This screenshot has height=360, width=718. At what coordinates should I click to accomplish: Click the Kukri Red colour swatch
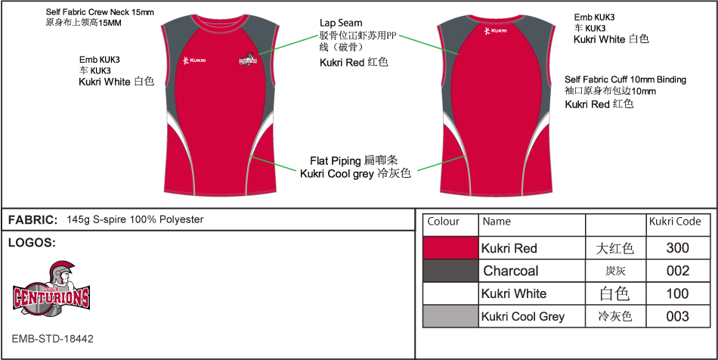(450, 248)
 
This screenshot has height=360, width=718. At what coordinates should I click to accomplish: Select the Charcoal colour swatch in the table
(450, 271)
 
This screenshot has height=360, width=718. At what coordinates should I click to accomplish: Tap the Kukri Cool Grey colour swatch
(450, 316)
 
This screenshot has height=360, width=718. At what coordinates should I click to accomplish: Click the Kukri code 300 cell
(678, 248)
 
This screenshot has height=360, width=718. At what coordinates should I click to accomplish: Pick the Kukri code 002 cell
(678, 271)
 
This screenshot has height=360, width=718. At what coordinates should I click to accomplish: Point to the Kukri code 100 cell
(678, 293)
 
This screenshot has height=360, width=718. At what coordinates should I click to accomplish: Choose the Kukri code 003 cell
(678, 316)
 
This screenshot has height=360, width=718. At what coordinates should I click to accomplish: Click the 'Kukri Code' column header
(675, 222)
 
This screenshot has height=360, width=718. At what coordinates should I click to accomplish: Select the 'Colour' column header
(444, 222)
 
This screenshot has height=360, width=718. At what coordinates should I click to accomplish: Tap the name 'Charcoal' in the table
(511, 271)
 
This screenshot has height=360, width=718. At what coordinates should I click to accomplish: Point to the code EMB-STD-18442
(53, 339)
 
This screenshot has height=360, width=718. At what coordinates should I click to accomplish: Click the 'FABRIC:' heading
(32, 220)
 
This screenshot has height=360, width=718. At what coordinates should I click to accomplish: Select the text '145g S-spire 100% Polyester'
(135, 220)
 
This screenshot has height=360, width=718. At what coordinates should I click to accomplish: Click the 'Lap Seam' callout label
(341, 23)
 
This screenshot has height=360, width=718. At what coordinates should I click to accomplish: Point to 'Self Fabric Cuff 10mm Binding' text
(625, 79)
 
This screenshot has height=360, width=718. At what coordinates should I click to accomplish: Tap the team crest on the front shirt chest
(248, 57)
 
